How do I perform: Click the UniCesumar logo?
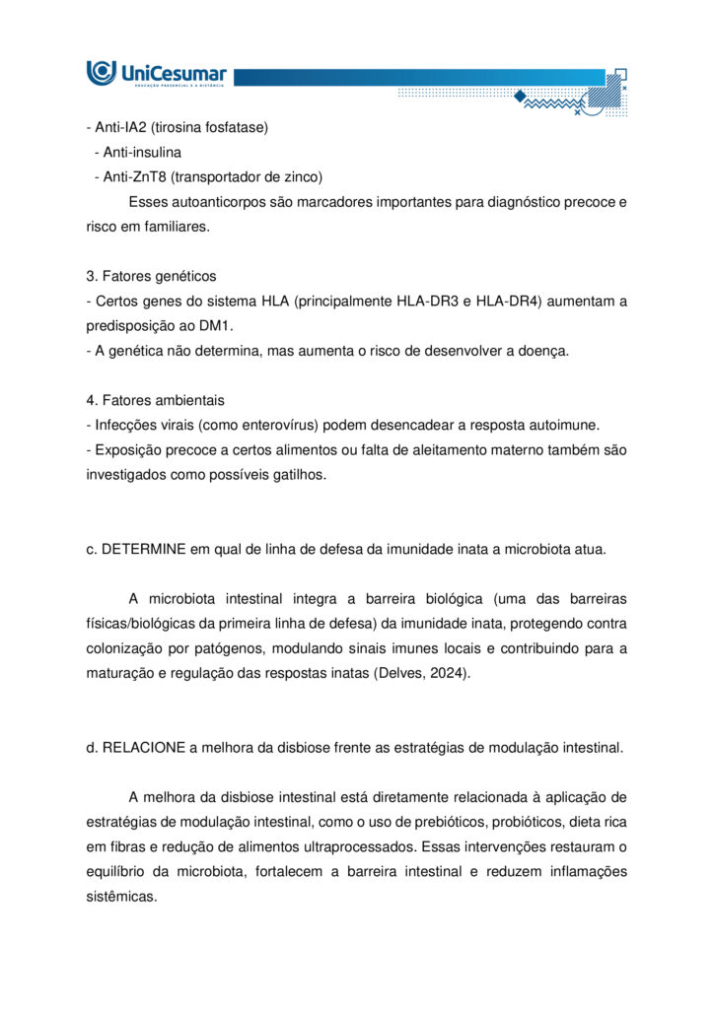[157, 73]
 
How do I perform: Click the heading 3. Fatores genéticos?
[151, 276]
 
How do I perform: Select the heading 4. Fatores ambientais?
[155, 400]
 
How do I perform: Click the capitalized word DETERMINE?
[143, 549]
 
